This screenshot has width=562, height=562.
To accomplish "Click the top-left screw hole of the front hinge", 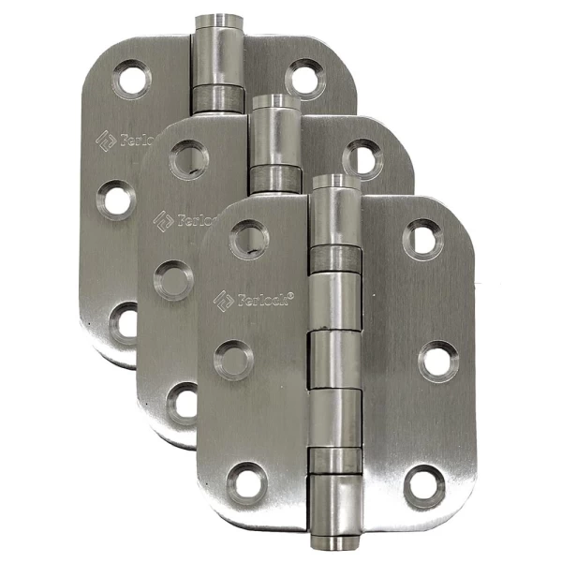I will click(249, 238).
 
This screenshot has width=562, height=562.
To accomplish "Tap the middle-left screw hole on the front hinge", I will click(232, 360).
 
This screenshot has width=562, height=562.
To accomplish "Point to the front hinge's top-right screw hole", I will click(423, 240).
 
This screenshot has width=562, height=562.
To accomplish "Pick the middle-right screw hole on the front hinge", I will click(437, 361).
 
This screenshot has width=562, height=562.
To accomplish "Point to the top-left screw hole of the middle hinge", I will click(190, 159).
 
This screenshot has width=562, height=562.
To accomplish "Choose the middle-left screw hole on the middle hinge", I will click(173, 279).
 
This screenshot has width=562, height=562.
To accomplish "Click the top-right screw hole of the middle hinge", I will click(362, 158).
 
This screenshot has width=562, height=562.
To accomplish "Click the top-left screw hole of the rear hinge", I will click(132, 79).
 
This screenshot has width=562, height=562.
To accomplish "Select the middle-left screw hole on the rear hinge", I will click(116, 200).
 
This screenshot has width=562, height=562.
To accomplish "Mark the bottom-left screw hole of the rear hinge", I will click(126, 321).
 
